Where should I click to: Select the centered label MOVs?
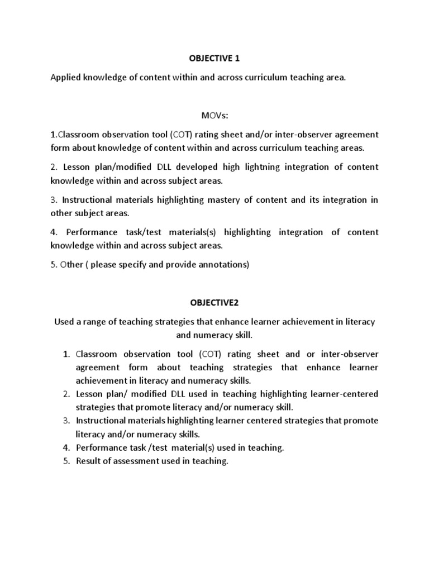(214, 115)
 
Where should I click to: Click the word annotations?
(227, 265)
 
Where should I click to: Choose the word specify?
(140, 265)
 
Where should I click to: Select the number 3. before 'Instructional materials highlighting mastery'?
(54, 199)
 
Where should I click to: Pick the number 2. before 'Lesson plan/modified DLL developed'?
(54, 167)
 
